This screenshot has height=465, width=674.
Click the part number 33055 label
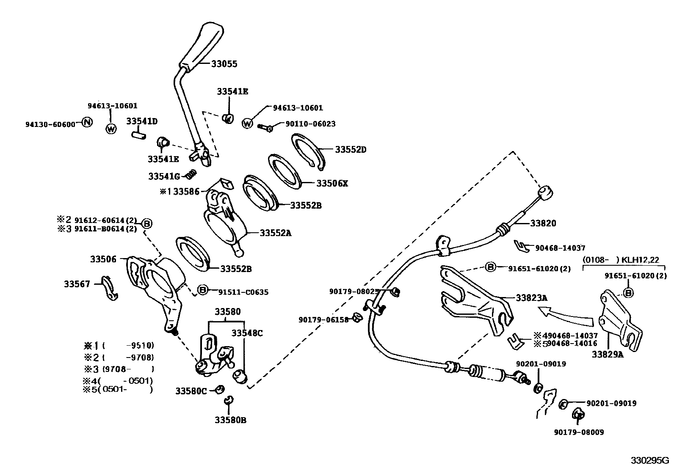click(x=224, y=64)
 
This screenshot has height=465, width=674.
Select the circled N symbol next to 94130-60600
click(x=86, y=123)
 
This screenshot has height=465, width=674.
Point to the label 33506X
click(x=332, y=183)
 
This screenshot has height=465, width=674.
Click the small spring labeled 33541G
click(x=191, y=174)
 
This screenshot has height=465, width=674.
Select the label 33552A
click(x=276, y=233)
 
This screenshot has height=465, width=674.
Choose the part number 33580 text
click(x=227, y=312)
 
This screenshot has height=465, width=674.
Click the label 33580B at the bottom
click(x=230, y=420)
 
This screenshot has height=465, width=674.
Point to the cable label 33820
click(x=543, y=223)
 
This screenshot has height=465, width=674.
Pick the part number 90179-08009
click(x=579, y=432)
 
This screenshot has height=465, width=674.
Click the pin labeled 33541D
click(x=138, y=134)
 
